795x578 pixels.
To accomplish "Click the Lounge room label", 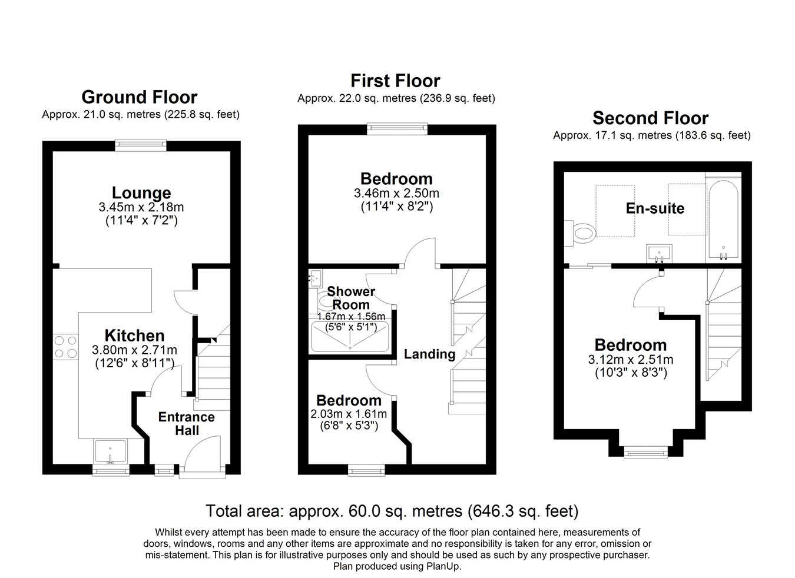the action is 141,193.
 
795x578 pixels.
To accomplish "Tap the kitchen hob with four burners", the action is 65,347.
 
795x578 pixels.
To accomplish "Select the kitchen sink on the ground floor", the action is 110,451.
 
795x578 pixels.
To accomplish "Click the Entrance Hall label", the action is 187,424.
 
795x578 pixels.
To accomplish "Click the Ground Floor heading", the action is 140,97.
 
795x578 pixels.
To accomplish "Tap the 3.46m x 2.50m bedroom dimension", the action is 396,194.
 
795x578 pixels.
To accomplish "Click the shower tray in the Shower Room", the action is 350,336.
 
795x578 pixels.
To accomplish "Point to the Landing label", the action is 429,354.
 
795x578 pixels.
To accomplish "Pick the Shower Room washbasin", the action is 315,278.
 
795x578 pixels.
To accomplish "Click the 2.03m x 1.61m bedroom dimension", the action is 349,414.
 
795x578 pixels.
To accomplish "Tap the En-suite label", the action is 655,208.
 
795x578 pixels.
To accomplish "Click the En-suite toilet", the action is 580,233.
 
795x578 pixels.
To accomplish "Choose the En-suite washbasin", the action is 659,254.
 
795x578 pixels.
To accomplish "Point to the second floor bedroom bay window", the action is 645,453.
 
